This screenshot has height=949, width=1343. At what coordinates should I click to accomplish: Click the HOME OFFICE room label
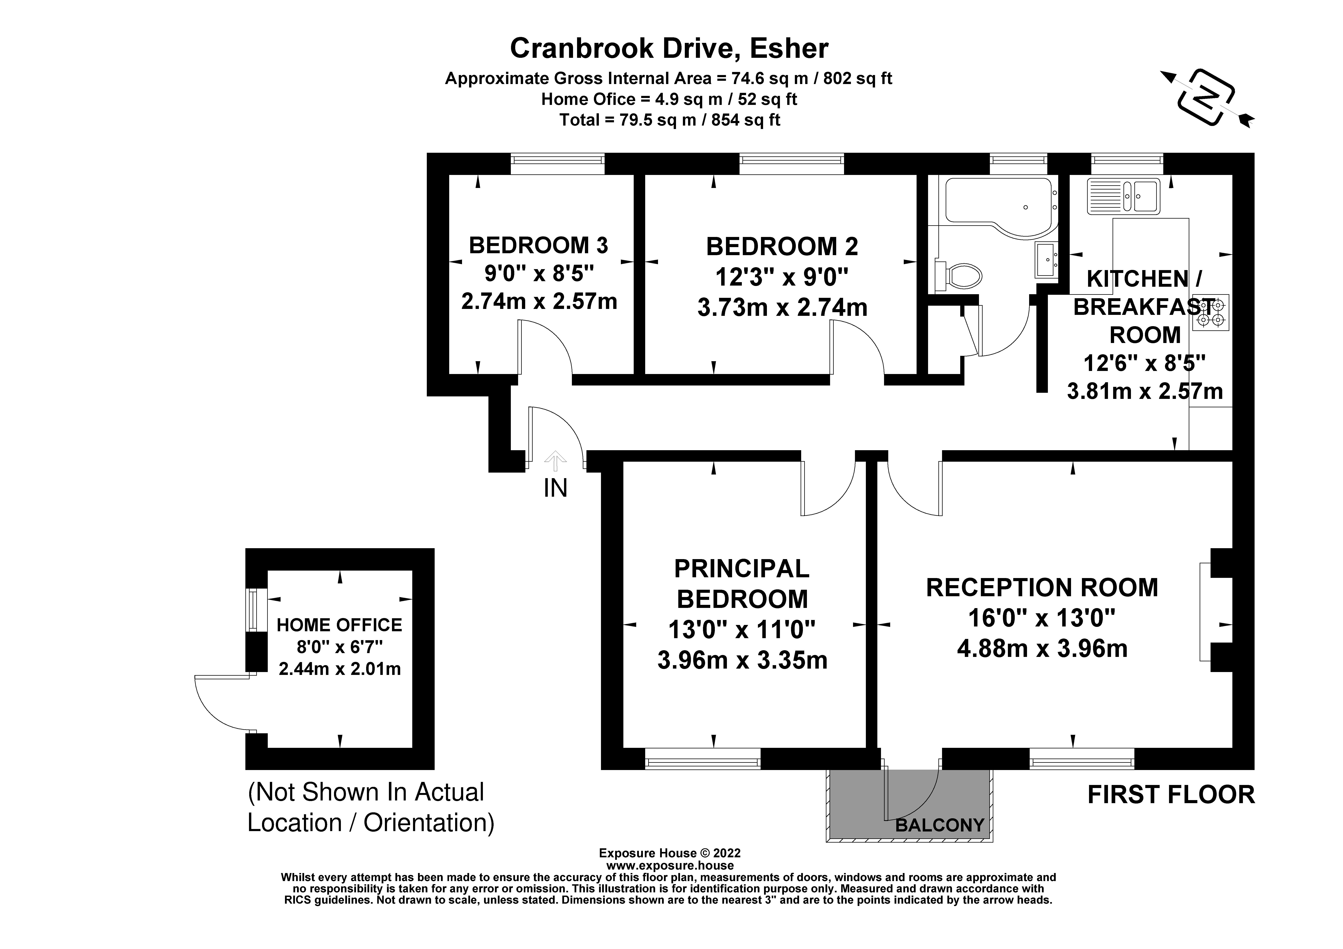(x=339, y=625)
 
